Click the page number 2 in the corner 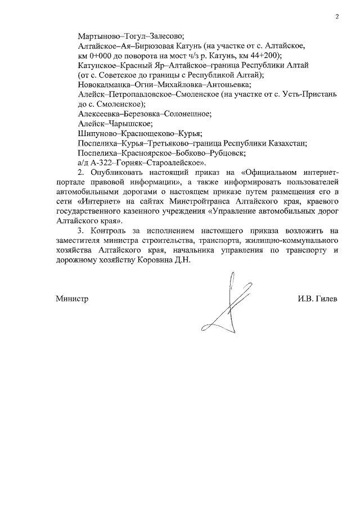[336, 16]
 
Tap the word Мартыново [99, 34]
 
